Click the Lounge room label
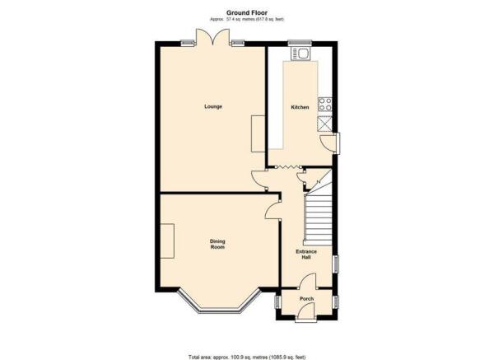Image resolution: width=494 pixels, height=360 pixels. [213, 106]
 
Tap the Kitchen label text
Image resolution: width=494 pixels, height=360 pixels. [300, 107]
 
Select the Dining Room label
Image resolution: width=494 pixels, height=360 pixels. [217, 245]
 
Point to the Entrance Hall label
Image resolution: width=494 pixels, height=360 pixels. [306, 255]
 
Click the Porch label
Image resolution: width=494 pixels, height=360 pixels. [306, 298]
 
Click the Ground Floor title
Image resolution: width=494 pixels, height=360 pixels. [247, 12]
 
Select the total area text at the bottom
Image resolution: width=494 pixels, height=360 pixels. [247, 358]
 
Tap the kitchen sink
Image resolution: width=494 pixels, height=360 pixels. [301, 54]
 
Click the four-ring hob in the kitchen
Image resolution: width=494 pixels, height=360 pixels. [325, 105]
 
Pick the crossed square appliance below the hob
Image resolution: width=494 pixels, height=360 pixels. [325, 124]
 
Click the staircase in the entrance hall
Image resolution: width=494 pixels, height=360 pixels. [318, 213]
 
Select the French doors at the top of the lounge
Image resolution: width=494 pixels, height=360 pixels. [212, 37]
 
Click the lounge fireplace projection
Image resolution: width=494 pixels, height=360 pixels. [258, 133]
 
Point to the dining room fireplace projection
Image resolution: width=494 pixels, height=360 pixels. [167, 241]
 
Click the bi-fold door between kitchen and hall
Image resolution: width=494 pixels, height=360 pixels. [287, 166]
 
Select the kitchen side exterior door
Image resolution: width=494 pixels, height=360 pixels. [328, 143]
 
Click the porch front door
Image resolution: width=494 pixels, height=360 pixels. [306, 311]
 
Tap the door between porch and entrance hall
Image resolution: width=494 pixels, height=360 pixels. [307, 281]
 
